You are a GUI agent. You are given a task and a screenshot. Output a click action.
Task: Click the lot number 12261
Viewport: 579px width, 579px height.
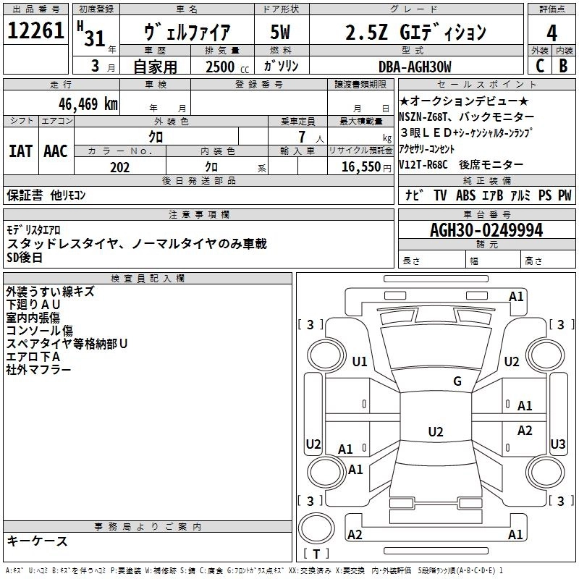(36, 31)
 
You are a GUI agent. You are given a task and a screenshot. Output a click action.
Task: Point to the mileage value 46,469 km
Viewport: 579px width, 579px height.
(84, 103)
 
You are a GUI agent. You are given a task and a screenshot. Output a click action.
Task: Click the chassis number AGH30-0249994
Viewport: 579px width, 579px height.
(486, 230)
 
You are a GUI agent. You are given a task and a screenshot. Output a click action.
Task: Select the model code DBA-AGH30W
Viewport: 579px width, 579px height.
(414, 67)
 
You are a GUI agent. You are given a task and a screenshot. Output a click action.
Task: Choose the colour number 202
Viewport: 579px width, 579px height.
(119, 167)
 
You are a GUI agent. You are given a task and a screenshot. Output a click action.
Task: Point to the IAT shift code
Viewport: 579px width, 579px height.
(20, 151)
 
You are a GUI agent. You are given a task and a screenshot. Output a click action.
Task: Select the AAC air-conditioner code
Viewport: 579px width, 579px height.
(56, 151)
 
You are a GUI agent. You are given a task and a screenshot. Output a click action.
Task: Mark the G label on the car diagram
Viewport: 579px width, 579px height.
(457, 381)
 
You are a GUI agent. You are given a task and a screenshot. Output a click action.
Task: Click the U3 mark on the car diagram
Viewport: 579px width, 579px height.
(558, 444)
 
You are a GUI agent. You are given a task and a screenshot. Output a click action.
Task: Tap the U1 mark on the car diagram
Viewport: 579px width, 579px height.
(360, 362)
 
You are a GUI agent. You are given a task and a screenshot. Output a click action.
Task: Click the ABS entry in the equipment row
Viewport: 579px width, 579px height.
(466, 195)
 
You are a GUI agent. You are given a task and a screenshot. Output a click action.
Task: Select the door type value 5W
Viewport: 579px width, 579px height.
(281, 32)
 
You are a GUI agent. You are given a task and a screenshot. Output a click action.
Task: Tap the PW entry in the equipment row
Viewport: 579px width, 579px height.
(565, 195)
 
